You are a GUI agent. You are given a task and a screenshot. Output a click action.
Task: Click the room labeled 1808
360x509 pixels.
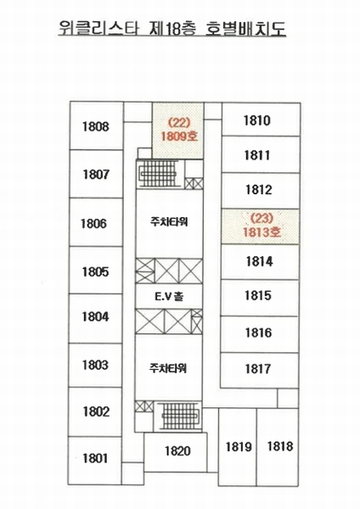point(96,126)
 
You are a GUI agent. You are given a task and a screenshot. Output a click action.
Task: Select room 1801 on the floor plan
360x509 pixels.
point(95,459)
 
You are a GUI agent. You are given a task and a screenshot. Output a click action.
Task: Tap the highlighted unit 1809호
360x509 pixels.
point(178,131)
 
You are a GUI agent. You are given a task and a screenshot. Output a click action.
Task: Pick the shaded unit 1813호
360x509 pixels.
point(260,227)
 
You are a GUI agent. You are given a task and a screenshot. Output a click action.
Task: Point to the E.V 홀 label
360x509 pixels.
point(169,296)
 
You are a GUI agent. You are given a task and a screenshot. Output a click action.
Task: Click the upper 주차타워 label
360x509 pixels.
point(169,222)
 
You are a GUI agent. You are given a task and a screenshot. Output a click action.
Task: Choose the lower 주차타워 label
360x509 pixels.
point(168,369)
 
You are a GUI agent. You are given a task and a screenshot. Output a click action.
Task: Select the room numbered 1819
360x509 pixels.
point(238,447)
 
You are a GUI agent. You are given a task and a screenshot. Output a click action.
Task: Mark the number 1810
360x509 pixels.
point(257,120)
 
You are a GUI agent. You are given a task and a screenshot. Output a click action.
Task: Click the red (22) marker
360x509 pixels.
point(178,123)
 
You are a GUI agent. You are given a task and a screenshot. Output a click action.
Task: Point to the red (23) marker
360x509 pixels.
point(262,219)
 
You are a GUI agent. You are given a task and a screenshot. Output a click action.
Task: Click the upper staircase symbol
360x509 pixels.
point(158,174)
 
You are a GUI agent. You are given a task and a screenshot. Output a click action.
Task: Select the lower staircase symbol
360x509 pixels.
point(180,416)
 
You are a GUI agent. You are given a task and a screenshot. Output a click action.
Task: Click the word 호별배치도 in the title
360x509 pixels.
point(246,29)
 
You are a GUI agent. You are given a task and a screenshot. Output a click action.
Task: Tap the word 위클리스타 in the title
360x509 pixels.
point(99,29)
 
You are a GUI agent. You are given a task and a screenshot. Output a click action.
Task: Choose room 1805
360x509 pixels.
point(96,271)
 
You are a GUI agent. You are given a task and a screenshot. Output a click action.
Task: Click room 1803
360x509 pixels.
point(95,365)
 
